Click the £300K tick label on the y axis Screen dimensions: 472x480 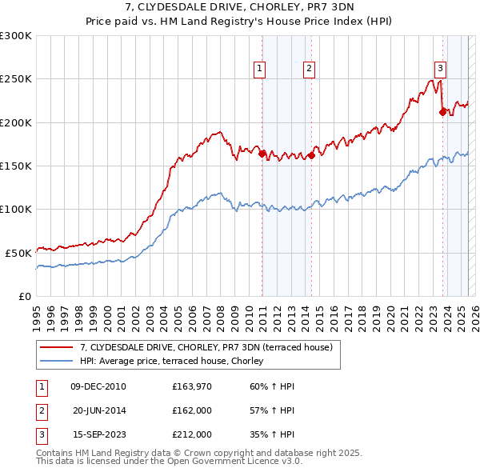point(16,36)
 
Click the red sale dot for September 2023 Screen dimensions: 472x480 point(442,113)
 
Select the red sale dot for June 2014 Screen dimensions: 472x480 point(311,156)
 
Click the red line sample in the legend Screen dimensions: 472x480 point(55,347)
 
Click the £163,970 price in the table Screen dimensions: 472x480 point(191,386)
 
